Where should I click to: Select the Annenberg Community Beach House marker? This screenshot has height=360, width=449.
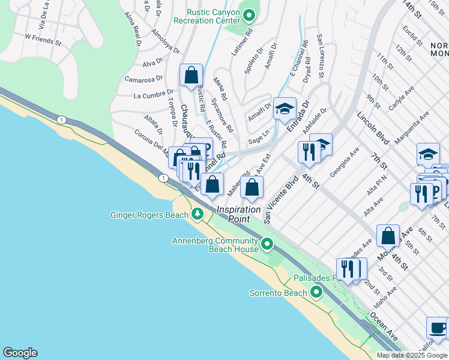click(x=267, y=244)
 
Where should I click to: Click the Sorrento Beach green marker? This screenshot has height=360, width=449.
click(x=316, y=293)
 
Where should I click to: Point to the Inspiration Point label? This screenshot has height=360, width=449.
click(x=239, y=214)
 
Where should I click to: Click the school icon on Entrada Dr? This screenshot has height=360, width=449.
click(x=285, y=109)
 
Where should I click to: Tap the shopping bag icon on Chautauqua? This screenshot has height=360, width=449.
click(x=191, y=76)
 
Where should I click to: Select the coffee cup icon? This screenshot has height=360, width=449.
click(x=437, y=328)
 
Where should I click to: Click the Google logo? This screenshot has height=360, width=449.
click(x=20, y=353)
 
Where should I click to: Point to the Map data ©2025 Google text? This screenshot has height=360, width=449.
click(x=412, y=355)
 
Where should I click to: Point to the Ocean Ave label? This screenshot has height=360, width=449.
click(x=384, y=327)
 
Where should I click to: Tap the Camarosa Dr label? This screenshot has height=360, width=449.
click(x=143, y=78)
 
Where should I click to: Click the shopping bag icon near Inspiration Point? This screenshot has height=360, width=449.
click(x=252, y=188)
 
